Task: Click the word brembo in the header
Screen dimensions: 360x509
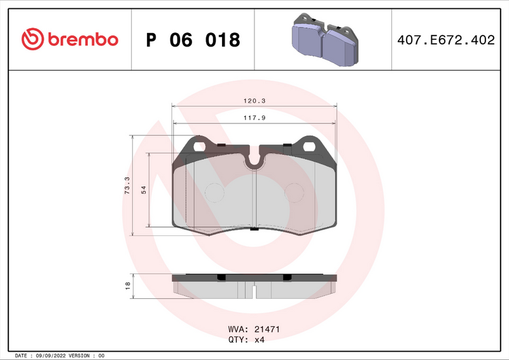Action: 81,39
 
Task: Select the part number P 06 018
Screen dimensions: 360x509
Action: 193,40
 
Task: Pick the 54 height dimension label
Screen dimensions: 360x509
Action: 144,190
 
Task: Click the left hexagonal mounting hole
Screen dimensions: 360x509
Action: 199,146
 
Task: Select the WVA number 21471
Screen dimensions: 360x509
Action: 267,330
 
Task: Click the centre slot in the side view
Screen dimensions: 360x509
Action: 254,291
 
